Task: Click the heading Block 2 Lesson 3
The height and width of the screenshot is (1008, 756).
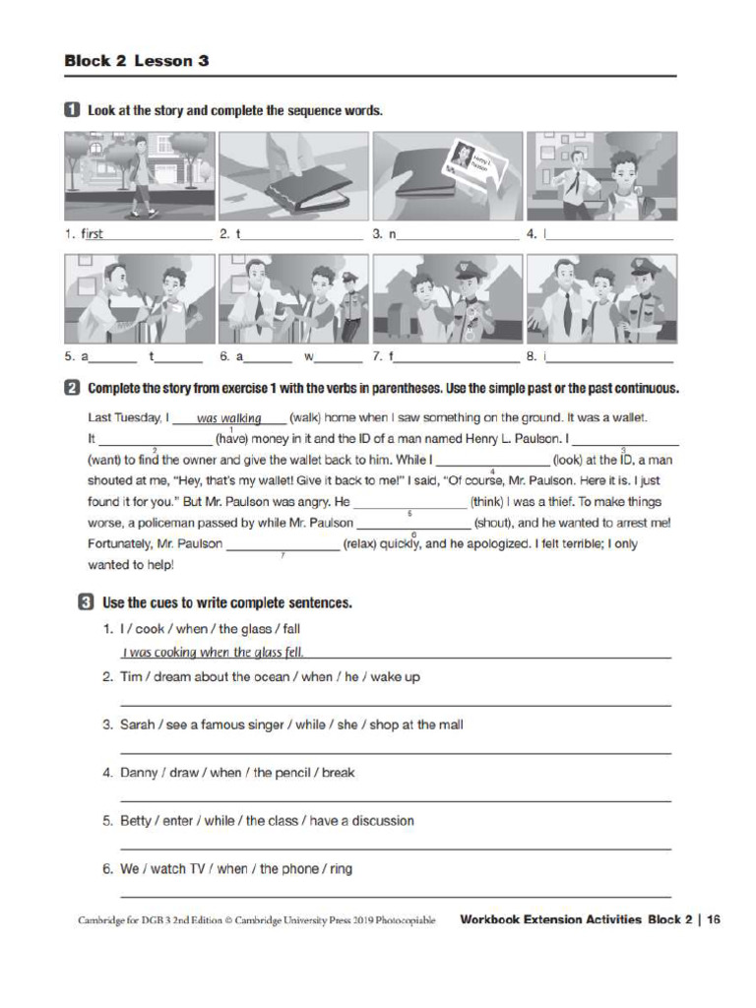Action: [137, 61]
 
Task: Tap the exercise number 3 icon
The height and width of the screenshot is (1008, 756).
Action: [87, 601]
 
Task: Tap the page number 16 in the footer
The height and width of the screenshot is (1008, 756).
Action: [714, 920]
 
